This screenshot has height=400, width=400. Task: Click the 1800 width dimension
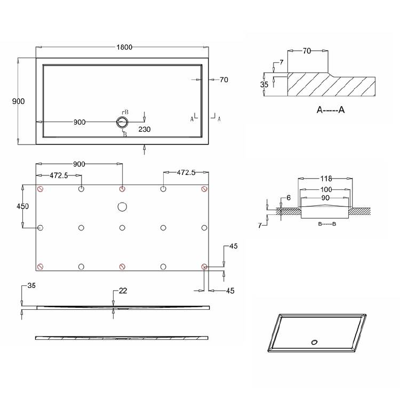coord(124,47)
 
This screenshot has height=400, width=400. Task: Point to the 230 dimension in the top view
coord(145,130)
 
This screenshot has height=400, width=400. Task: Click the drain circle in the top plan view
coord(122,122)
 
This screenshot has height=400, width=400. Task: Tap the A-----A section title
coord(331,110)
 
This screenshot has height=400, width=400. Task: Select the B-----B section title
coord(327,224)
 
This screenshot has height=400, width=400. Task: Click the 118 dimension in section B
coord(326,179)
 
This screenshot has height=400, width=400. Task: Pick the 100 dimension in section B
coord(326,189)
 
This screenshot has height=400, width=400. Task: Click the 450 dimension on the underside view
coord(23,206)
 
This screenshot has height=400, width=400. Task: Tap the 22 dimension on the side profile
coord(123,291)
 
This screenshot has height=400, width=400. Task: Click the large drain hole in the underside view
coord(122,207)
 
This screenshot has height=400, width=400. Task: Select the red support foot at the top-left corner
coord(40,189)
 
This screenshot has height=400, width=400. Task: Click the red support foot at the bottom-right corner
coord(204,267)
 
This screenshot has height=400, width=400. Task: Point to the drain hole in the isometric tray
coord(314,342)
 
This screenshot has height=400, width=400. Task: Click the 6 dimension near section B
coord(289,198)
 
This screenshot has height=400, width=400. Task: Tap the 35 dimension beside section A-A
coord(265,84)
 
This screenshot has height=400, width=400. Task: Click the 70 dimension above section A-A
coord(307,51)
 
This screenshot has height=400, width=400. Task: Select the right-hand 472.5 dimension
coord(186,172)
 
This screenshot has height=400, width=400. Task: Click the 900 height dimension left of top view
coord(18,101)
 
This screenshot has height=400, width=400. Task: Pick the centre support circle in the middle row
coord(122,228)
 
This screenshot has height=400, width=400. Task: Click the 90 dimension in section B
coord(325,198)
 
